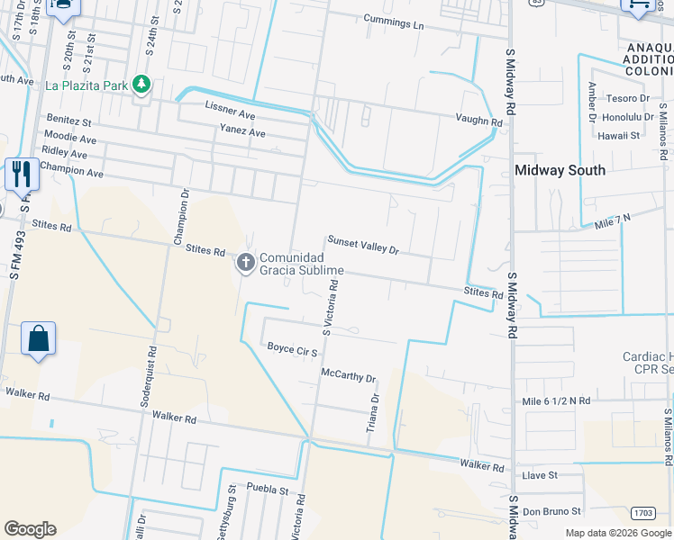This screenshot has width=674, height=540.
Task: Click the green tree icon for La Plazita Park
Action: click(x=141, y=85)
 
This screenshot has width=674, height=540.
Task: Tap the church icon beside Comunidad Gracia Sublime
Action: click(x=245, y=264)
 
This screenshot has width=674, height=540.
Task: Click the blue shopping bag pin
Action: click(x=39, y=339)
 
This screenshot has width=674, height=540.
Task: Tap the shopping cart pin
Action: click(x=638, y=4)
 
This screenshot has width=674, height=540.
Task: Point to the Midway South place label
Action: click(x=559, y=170)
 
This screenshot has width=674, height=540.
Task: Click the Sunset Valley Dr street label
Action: click(x=362, y=245)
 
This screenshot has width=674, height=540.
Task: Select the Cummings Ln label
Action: click(x=393, y=22)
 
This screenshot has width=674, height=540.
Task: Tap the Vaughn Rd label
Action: click(x=478, y=121)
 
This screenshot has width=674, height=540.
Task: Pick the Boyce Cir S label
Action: click(x=292, y=348)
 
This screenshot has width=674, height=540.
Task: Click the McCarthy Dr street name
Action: click(x=348, y=374)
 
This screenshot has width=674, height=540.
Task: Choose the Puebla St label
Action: click(x=266, y=491)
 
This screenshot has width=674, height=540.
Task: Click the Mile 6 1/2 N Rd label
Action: click(x=555, y=400)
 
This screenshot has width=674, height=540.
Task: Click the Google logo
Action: click(x=30, y=529)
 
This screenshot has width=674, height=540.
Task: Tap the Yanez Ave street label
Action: click(x=242, y=132)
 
